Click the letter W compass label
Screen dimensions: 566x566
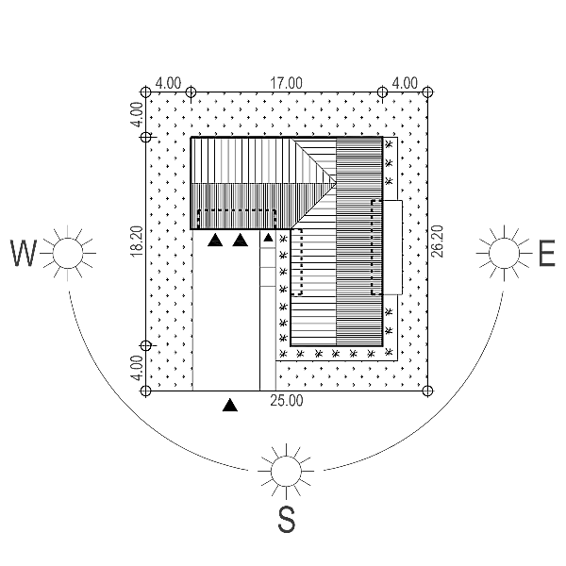24,253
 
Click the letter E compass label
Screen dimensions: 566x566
547,253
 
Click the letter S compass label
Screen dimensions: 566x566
287,520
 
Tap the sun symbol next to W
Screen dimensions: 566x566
68,253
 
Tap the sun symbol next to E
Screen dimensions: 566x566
505,253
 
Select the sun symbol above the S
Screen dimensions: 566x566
286,471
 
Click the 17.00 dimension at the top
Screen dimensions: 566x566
286,83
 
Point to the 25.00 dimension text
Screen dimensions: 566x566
287,401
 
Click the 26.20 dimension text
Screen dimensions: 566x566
437,241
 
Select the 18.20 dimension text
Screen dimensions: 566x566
137,241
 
